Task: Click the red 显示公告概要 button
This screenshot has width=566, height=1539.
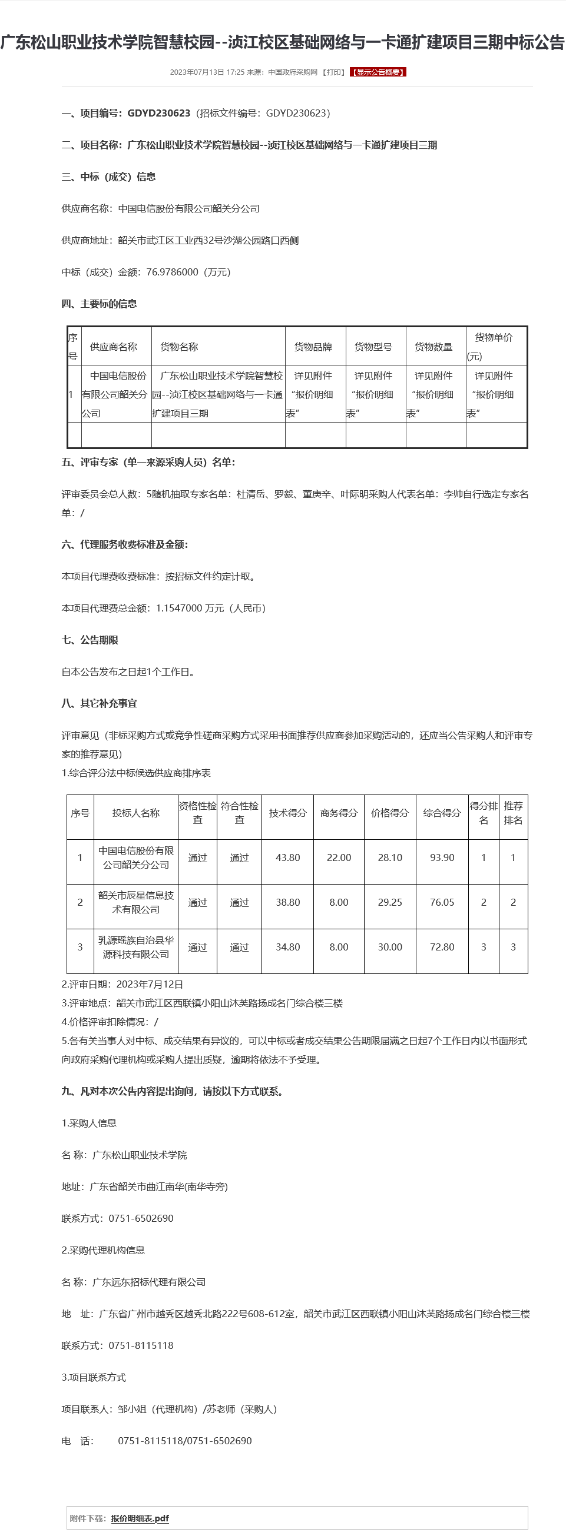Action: tap(378, 72)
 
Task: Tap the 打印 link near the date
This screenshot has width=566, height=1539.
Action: tap(333, 72)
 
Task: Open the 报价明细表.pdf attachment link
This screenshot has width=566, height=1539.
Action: tap(139, 1518)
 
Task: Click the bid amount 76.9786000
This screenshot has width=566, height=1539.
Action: tap(172, 272)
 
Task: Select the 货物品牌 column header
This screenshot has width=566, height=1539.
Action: tap(313, 347)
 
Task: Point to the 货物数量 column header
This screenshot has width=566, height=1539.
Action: tap(434, 347)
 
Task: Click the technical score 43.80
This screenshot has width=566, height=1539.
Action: tap(287, 857)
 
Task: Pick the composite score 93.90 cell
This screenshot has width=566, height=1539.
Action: tap(442, 857)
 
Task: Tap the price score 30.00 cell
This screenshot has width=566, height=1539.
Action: tap(390, 947)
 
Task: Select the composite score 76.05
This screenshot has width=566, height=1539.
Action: tap(442, 902)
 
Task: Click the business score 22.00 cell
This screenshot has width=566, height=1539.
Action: tap(339, 857)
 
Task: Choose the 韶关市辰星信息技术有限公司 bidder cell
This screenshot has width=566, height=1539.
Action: tap(136, 902)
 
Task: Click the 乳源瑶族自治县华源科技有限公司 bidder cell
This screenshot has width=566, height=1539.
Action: tap(136, 947)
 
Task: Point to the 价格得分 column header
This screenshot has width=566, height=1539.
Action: tap(390, 813)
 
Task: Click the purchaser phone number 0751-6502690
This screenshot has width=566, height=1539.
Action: tap(141, 1218)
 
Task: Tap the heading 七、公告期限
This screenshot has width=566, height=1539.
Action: tap(90, 640)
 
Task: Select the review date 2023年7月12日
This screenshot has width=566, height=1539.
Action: tap(150, 984)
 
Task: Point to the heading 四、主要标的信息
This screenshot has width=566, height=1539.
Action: tap(99, 304)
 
